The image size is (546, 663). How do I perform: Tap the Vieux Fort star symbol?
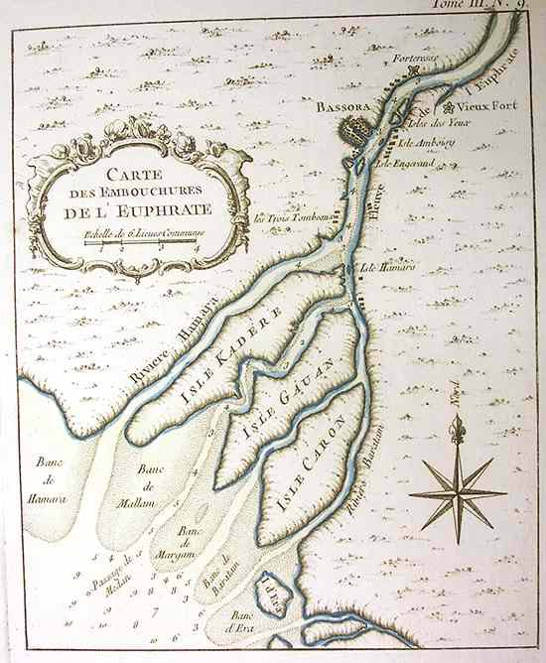[451, 106]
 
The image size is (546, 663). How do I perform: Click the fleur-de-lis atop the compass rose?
[458, 429]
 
